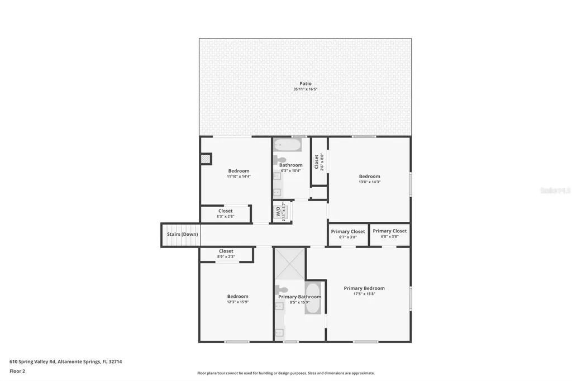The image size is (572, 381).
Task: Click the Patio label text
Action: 305,84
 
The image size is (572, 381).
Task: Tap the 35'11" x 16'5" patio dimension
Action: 305,89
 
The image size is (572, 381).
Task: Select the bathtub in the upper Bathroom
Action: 287,146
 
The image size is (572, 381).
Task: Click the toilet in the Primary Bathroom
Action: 282,290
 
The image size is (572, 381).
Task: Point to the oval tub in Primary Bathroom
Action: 313,298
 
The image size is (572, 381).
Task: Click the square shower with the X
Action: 290,264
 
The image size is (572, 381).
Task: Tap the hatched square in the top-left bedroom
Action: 206,159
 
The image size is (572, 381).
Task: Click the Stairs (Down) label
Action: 182,235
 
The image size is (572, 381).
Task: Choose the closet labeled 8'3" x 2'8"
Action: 226,213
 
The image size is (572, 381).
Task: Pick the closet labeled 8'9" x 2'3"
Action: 226,254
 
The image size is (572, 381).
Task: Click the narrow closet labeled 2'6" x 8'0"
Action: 319,161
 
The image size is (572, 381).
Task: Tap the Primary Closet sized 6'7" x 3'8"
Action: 347,234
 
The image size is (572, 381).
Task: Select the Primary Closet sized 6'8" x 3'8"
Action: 390,234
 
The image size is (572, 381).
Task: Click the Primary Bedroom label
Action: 364,288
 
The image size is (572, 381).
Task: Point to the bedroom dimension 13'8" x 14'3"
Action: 369,182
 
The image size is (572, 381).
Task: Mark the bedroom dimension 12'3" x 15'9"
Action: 237,302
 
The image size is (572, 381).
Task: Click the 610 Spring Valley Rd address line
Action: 66,361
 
